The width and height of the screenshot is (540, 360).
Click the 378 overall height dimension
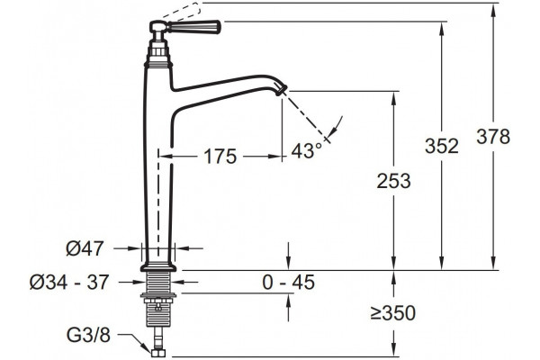(x=493, y=137)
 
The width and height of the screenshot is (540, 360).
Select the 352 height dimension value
(x=442, y=146)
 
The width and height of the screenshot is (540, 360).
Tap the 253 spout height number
(x=393, y=181)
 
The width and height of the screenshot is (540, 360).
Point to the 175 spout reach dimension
(x=220, y=157)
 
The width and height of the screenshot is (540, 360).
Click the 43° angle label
(x=306, y=150)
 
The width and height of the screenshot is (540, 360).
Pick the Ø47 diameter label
(x=85, y=248)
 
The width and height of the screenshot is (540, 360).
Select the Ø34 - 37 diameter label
(x=69, y=282)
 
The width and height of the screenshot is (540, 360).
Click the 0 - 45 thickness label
(x=289, y=282)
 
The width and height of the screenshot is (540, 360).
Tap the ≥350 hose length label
(x=393, y=313)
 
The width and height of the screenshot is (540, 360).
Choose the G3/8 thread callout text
(x=88, y=335)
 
